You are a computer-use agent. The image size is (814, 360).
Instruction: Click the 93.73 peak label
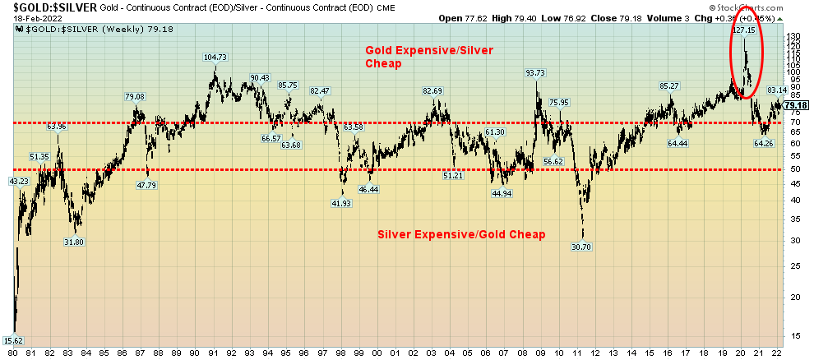(x=535, y=73)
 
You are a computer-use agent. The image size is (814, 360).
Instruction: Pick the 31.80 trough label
(x=75, y=242)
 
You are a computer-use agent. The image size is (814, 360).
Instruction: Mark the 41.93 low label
(x=341, y=203)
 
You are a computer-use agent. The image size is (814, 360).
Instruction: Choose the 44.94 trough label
(x=502, y=194)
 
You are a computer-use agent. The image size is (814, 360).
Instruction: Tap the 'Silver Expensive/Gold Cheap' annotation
(x=461, y=235)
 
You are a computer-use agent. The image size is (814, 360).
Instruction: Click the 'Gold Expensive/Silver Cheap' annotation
(x=429, y=56)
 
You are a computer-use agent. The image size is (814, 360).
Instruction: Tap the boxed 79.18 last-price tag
(x=795, y=105)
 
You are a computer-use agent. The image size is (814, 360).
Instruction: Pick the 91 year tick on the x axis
(x=212, y=353)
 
